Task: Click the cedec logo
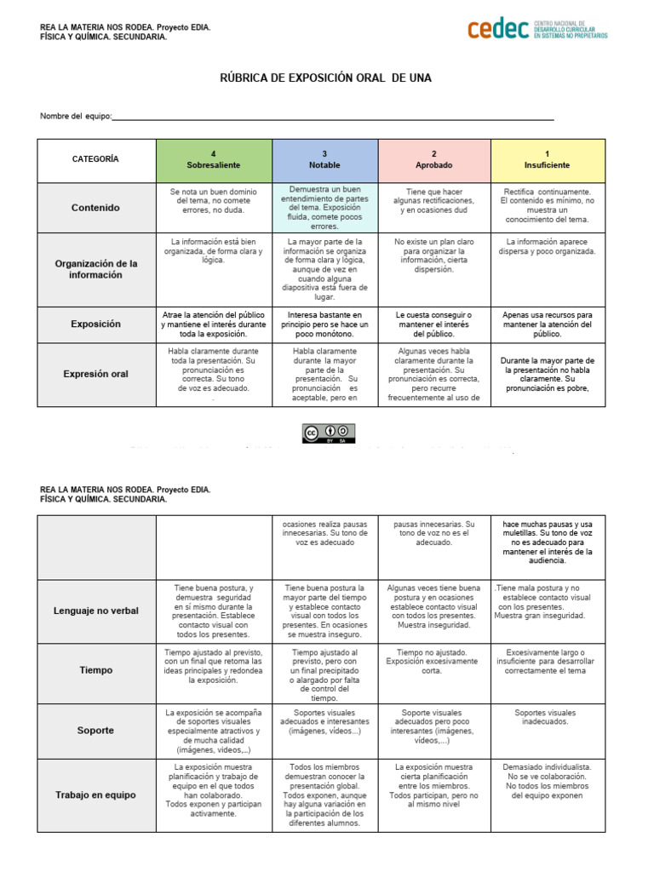536,29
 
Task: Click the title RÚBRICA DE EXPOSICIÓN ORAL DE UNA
326,78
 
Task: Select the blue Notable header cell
324,159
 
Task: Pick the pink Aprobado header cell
434,159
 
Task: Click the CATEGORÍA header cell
95,159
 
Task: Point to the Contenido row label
95,208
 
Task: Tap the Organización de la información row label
95,269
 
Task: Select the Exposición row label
95,324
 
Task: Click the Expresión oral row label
95,373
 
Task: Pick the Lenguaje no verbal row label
95,610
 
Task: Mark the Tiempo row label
95,670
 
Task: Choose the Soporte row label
95,731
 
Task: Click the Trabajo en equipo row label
95,795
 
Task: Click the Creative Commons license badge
328,433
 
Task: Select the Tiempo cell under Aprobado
434,661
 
